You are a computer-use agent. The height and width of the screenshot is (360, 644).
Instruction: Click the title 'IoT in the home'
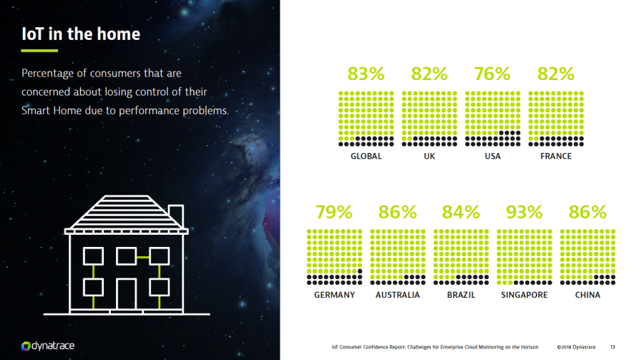coord(81,34)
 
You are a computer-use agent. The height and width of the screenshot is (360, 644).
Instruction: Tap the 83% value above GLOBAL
coord(366,74)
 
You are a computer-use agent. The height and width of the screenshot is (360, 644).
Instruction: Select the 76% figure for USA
coord(492,74)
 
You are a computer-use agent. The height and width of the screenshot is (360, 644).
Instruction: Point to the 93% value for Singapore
coord(525,212)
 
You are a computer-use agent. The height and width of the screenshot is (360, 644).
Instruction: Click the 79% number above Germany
coord(334,212)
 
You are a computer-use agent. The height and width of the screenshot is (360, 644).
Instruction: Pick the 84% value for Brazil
coord(461,212)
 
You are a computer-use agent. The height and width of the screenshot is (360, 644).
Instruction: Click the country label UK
coord(429,156)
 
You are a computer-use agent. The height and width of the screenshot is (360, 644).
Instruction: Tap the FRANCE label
coord(556,156)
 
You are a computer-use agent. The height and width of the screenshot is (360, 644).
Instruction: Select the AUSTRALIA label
coord(398,295)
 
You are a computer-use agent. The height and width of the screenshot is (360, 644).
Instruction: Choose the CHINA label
coord(587,295)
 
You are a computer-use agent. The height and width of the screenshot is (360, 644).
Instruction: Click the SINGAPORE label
coord(525,295)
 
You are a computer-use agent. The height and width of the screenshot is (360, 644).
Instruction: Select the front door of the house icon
coord(127,293)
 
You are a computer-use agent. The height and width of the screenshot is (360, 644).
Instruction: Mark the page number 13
coord(613,347)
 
